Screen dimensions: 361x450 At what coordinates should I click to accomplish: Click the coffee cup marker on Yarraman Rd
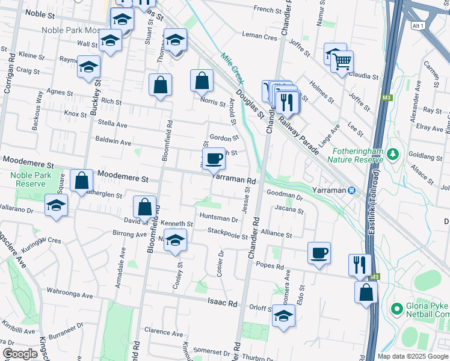click(x=215, y=159)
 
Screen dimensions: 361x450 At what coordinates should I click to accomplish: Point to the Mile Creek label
click(x=231, y=65)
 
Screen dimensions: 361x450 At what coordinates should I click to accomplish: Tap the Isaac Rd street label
click(x=221, y=302)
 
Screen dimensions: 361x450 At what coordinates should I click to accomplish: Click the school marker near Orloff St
click(x=283, y=316)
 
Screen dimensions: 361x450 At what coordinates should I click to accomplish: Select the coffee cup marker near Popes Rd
click(x=319, y=253)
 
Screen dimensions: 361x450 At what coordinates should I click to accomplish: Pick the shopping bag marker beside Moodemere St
click(x=81, y=180)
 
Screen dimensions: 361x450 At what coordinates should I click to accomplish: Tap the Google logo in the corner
click(x=20, y=354)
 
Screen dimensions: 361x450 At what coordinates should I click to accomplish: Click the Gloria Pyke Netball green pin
click(x=396, y=309)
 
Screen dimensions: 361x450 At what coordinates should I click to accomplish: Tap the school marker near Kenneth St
click(x=174, y=240)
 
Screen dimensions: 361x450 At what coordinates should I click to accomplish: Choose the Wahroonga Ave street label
click(x=70, y=295)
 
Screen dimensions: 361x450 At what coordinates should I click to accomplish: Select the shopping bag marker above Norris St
click(x=202, y=81)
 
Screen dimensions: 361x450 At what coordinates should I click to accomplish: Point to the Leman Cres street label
click(x=259, y=37)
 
